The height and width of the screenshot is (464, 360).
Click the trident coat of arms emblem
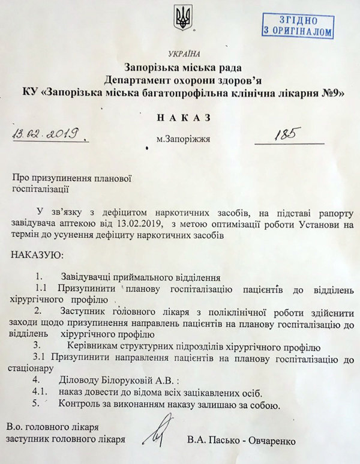[x=182, y=19]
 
